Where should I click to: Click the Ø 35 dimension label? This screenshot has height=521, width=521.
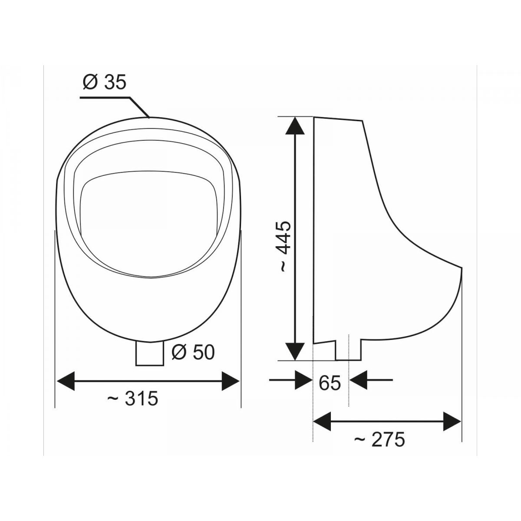[x=104, y=82]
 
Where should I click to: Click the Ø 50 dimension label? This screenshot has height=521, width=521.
[x=193, y=352]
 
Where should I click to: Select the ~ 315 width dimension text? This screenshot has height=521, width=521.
[x=132, y=398]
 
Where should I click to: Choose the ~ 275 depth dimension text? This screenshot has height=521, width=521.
[x=379, y=440]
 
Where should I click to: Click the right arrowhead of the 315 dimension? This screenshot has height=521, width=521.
[x=230, y=381]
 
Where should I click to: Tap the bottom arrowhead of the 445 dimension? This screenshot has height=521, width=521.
[x=295, y=350]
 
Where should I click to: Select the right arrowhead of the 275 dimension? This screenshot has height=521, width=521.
[x=451, y=422]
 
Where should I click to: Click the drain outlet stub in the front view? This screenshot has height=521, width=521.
[x=149, y=353]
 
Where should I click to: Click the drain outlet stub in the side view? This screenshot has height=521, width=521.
[x=348, y=350]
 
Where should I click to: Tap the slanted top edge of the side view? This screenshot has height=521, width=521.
[x=338, y=118]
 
